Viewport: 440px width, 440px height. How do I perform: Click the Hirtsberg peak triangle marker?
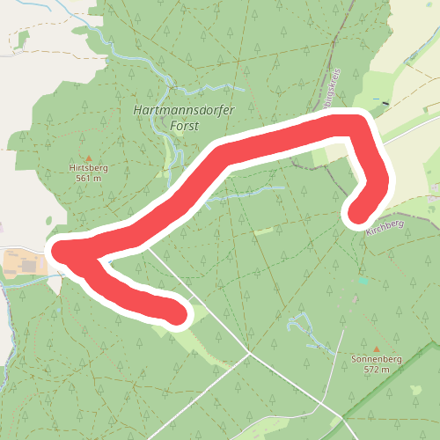pyautogui.click(x=88, y=158)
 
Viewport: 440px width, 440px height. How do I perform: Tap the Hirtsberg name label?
pyautogui.click(x=88, y=167)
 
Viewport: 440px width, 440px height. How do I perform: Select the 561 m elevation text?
pyautogui.click(x=88, y=177)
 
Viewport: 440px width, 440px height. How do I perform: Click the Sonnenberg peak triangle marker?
pyautogui.click(x=377, y=349)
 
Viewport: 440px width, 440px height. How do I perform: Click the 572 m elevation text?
pyautogui.click(x=377, y=370)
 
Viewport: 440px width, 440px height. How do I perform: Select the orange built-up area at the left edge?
pyautogui.click(x=23, y=262)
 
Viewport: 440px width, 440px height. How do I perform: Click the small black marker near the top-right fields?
pyautogui.click(x=385, y=102)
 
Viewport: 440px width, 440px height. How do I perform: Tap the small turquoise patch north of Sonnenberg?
pyautogui.click(x=363, y=282)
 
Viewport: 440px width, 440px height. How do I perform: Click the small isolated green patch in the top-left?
pyautogui.click(x=23, y=39)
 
